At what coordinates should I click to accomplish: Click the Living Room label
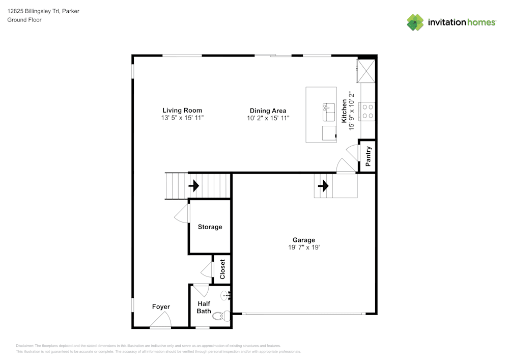182,110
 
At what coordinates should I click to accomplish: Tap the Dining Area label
268,110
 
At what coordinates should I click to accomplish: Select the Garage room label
304,240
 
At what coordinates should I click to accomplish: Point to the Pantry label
368,156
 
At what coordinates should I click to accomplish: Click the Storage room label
210,227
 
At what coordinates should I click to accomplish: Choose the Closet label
222,269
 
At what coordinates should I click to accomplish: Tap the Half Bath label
204,308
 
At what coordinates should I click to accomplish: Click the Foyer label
161,307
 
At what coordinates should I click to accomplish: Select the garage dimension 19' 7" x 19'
304,247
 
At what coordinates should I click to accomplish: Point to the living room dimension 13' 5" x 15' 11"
182,118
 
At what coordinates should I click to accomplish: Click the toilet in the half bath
221,316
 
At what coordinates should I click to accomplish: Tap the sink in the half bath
225,295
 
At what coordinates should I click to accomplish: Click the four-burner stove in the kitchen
367,112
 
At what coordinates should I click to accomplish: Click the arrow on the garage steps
323,186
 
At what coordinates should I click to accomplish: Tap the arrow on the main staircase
194,186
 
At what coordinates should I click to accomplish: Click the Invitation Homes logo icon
415,22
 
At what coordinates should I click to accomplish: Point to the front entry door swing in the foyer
161,320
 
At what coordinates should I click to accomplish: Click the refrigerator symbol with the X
366,71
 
